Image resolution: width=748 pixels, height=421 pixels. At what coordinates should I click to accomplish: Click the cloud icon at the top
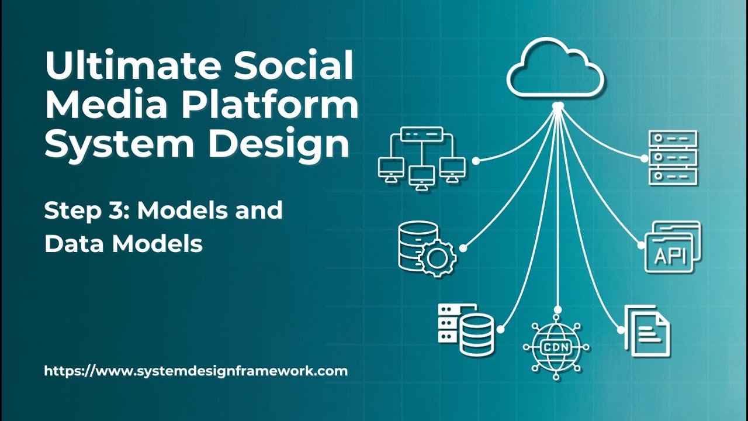(x=556, y=69)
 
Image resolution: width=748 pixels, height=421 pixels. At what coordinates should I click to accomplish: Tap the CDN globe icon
(x=556, y=346)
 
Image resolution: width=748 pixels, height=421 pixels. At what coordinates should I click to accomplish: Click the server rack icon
(x=673, y=158)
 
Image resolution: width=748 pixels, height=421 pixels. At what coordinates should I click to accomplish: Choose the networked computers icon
(x=421, y=157)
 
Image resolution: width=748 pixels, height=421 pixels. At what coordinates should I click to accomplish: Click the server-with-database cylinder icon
(x=466, y=329)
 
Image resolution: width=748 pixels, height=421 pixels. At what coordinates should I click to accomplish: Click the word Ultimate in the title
(x=135, y=66)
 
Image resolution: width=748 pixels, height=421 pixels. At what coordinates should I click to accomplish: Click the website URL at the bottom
(x=196, y=371)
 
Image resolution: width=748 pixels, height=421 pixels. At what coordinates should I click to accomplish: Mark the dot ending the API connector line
(x=640, y=246)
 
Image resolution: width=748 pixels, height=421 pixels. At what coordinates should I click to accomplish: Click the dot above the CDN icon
(x=559, y=309)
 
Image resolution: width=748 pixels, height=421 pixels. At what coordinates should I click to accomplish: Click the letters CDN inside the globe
(x=556, y=346)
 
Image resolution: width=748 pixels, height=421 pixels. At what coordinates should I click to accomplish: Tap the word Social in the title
(x=296, y=66)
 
